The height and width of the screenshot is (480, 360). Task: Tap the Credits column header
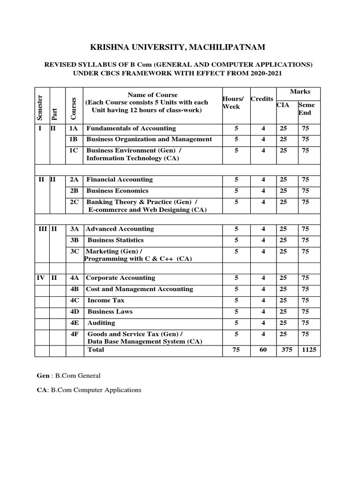[262, 99]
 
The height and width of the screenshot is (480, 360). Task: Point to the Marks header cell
[300, 91]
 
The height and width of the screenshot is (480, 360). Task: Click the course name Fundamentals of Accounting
[131, 128]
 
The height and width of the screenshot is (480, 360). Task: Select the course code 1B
[74, 139]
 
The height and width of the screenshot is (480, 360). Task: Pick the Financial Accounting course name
[120, 179]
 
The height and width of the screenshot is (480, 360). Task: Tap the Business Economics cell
[117, 191]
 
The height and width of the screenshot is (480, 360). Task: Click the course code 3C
[75, 251]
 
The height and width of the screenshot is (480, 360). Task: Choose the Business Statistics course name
[116, 240]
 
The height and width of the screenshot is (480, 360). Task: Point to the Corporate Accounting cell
[120, 277]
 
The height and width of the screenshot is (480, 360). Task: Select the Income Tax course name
[105, 300]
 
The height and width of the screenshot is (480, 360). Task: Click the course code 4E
[75, 322]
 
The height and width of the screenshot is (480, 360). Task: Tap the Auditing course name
[101, 322]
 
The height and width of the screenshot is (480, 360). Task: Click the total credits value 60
[263, 350]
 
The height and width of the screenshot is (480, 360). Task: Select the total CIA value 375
[286, 350]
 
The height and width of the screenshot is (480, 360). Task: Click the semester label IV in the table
[40, 277]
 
